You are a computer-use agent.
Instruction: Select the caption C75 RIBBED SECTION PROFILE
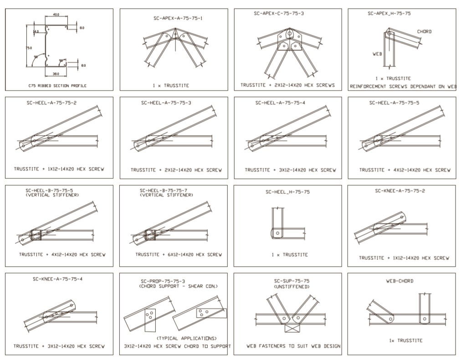57,86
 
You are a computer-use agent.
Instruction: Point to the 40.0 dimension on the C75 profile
56,15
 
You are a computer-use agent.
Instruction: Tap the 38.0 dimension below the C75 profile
56,73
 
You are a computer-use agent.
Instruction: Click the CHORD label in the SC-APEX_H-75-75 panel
424,32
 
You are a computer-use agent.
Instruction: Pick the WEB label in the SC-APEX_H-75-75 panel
377,54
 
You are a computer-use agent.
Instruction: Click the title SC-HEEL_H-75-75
287,192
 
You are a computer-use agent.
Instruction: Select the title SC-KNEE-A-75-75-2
400,191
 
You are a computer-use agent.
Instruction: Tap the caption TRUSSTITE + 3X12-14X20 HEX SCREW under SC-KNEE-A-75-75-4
59,346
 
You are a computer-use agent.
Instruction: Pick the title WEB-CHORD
400,281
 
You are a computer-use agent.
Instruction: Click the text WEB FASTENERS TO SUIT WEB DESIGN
293,346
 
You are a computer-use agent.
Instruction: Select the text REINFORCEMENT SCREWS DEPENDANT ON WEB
402,86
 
